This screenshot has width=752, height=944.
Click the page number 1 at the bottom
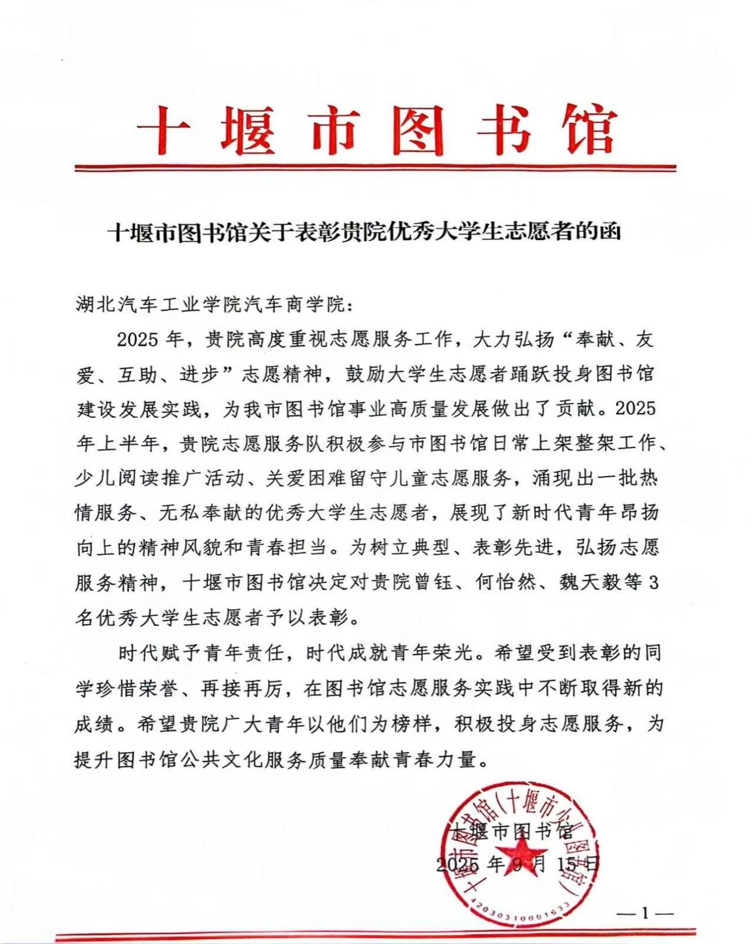[645, 914]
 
